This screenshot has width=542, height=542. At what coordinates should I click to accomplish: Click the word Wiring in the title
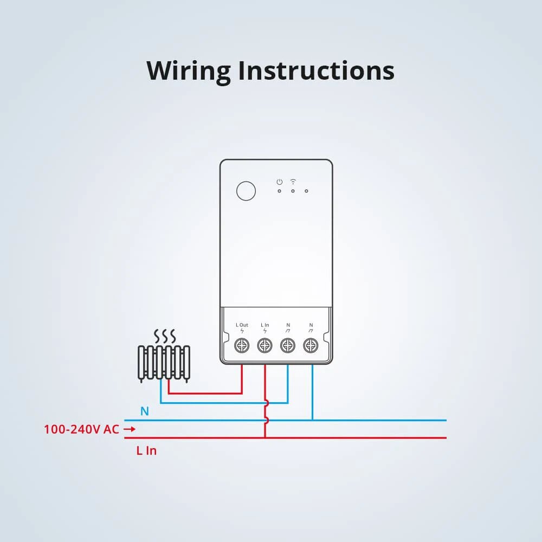189,72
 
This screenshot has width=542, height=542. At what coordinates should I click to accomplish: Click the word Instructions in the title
317,70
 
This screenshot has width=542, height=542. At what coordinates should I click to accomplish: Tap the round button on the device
246,191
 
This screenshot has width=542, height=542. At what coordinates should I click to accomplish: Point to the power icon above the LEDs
279,182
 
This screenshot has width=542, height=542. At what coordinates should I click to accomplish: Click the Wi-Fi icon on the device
293,181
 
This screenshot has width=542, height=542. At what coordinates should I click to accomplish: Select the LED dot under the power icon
279,191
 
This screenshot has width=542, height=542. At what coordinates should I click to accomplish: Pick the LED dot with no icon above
306,191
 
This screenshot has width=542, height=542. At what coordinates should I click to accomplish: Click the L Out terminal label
242,325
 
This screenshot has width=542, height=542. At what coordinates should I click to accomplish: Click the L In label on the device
265,325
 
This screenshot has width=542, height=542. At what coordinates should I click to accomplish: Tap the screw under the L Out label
242,345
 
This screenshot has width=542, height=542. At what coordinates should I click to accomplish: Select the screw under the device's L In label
265,345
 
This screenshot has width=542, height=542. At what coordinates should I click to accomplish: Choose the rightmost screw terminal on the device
311,345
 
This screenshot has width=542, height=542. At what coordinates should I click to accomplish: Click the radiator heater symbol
164,363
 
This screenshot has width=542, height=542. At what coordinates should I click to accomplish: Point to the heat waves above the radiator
165,335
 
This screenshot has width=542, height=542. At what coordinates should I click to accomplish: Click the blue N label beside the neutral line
145,411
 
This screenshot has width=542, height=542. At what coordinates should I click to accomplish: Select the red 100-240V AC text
81,429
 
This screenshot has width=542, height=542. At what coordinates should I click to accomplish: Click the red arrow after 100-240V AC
130,429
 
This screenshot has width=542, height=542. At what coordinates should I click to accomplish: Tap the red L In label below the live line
146,450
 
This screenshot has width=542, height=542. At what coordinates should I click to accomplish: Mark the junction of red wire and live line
265,437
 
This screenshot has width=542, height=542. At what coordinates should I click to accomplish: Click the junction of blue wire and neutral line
313,421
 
